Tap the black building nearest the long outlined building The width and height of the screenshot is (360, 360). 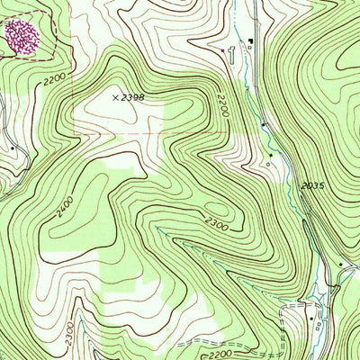pyautogui.click(x=251, y=41)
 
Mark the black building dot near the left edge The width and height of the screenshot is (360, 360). pyautogui.click(x=12, y=147)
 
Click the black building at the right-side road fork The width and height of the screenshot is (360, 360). pyautogui.click(x=341, y=264)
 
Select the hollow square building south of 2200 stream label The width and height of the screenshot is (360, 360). pyautogui.click(x=269, y=164)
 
